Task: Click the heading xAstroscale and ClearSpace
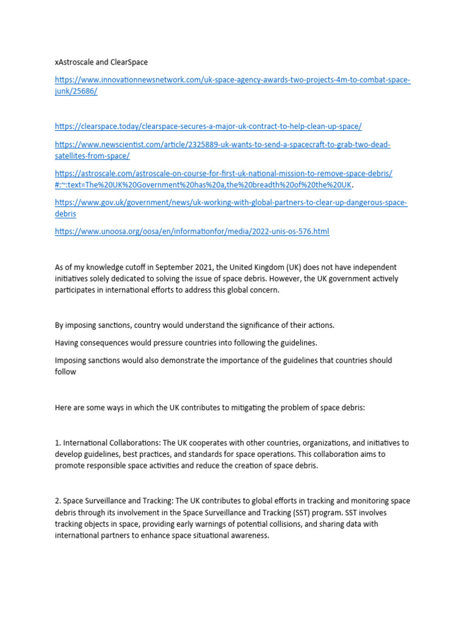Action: pyautogui.click(x=101, y=62)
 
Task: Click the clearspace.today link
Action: pyautogui.click(x=208, y=126)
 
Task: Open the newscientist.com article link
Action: pyautogui.click(x=223, y=145)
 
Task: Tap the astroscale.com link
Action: pyautogui.click(x=223, y=173)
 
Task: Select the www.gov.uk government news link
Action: pyautogui.click(x=230, y=203)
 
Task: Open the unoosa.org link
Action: pyautogui.click(x=192, y=232)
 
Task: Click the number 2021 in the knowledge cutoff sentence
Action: pyautogui.click(x=198, y=268)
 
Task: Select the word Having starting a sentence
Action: pyautogui.click(x=67, y=343)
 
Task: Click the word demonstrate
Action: pyautogui.click(x=175, y=361)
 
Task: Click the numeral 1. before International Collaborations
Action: pyautogui.click(x=58, y=443)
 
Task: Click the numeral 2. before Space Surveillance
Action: pyautogui.click(x=58, y=501)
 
